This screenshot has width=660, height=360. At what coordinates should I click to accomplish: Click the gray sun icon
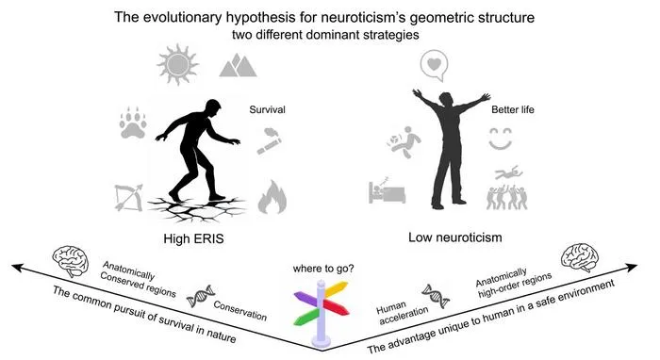click(177, 64)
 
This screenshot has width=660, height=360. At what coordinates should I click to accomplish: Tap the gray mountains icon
click(238, 65)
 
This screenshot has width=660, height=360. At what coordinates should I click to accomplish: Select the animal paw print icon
click(133, 123)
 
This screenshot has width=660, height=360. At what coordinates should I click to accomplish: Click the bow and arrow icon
click(128, 197)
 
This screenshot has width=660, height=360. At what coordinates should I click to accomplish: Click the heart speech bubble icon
click(434, 66)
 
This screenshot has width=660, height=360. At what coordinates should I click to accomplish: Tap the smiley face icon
click(501, 139)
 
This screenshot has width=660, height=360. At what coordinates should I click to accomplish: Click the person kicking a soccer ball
click(404, 141)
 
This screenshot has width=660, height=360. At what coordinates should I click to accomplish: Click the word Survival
click(267, 109)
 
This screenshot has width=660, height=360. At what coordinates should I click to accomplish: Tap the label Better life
click(513, 109)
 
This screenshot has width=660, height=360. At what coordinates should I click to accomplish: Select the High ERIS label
click(193, 238)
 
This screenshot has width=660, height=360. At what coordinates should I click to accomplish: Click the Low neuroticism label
click(455, 237)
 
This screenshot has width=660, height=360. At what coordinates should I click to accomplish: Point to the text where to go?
click(323, 269)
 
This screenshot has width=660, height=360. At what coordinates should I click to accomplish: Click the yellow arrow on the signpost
click(336, 288)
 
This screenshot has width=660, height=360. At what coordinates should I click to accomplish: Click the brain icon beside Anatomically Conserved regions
click(71, 262)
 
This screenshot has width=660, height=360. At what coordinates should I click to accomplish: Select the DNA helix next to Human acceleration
click(436, 296)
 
